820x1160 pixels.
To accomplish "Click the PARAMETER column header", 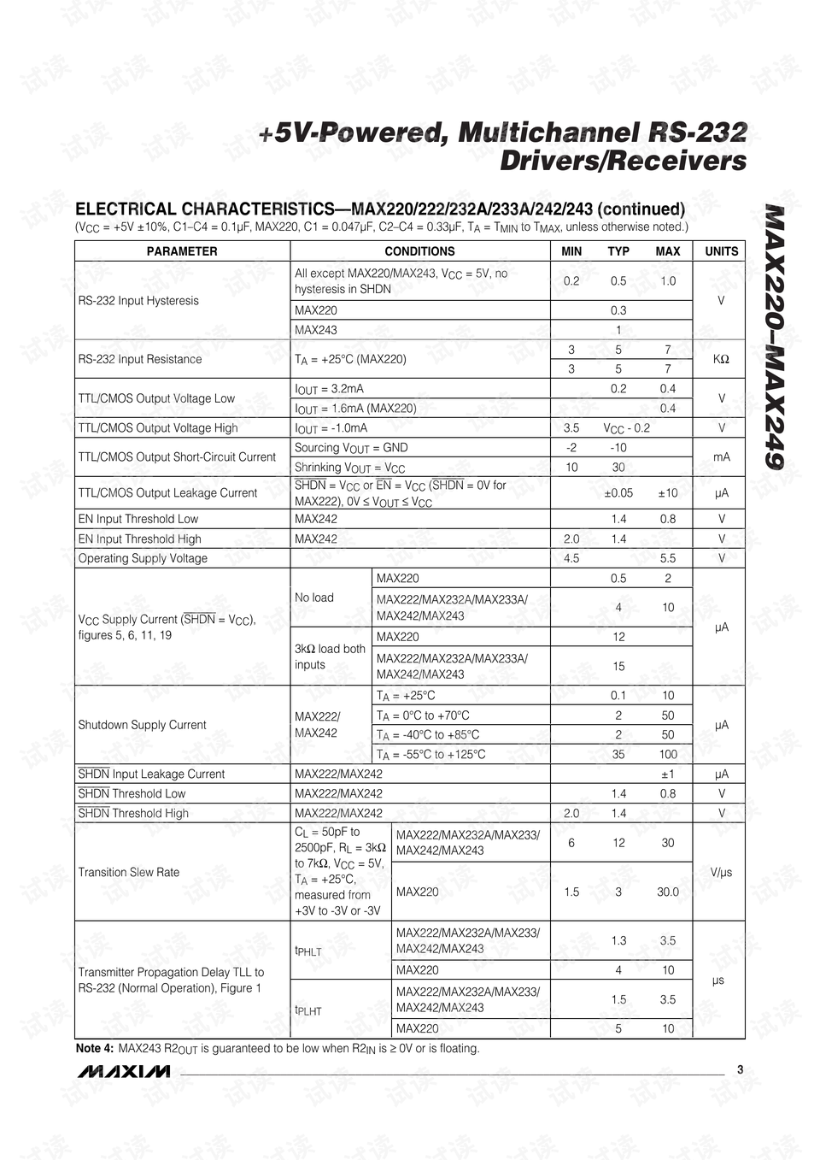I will [x=182, y=251].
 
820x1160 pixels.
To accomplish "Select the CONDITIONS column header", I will [x=419, y=251].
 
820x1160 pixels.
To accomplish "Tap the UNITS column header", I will [x=721, y=251].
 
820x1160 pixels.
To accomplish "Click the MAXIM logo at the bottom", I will [x=123, y=1071].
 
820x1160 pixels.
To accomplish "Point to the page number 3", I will [x=740, y=1069].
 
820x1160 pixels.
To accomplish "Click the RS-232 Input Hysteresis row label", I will [x=138, y=301].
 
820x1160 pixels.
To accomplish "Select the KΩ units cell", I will [x=721, y=360].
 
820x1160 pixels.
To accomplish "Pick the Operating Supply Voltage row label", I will [x=143, y=558].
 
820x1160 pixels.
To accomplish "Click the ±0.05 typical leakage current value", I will [x=618, y=493].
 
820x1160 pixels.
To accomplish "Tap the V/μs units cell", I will [x=721, y=873].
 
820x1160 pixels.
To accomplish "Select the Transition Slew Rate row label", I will [x=129, y=873].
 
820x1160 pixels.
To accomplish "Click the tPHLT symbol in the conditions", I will [x=308, y=951].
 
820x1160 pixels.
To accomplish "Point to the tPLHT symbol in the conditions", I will [x=308, y=1010].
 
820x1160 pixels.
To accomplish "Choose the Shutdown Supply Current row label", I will [x=142, y=725].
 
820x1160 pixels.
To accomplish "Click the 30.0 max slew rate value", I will [x=668, y=892].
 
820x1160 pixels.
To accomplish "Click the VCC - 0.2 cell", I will [x=626, y=428].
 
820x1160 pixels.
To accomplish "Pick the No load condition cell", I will [x=314, y=598].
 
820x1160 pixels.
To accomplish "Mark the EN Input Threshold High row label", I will [x=140, y=539].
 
